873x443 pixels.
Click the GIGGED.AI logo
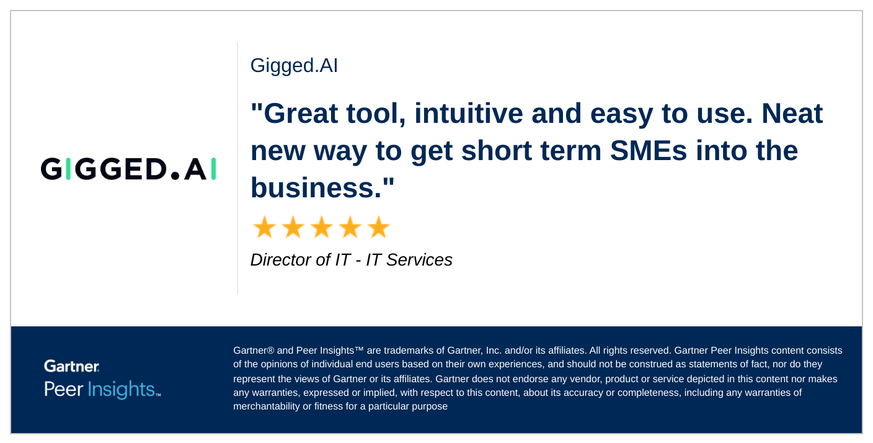click(128, 169)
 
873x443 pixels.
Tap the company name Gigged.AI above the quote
click(294, 65)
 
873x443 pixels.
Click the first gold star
click(265, 227)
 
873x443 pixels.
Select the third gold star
click(322, 227)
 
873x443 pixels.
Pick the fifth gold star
click(378, 227)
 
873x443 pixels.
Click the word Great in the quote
click(300, 114)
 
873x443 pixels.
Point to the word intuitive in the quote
click(469, 114)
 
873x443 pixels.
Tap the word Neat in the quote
click(792, 114)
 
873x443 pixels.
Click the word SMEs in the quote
click(648, 151)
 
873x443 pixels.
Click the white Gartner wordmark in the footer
click(72, 366)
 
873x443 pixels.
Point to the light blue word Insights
click(122, 390)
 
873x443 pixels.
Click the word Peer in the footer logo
click(63, 390)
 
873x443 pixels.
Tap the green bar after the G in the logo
click(68, 169)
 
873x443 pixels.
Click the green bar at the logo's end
click(213, 169)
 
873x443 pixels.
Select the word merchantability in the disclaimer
click(267, 406)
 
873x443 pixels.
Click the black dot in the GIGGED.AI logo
click(175, 176)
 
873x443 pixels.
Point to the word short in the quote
click(497, 151)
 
